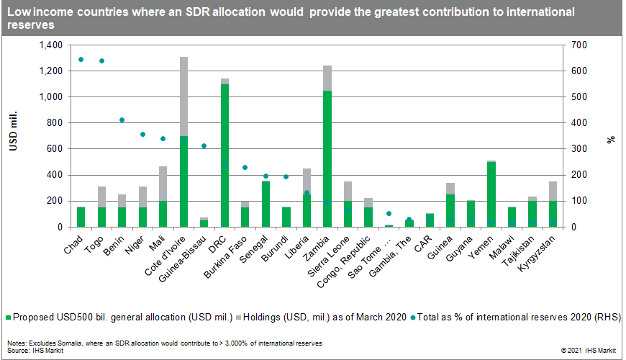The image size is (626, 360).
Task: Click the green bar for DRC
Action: click(225, 155)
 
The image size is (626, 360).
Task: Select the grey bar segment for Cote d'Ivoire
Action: click(184, 96)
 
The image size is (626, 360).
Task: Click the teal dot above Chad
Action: click(81, 60)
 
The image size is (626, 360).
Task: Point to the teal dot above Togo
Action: click(101, 61)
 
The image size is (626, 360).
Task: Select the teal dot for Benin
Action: click(122, 120)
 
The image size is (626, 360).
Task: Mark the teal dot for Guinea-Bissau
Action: click(204, 146)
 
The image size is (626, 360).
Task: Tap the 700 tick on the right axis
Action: click(579, 45)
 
